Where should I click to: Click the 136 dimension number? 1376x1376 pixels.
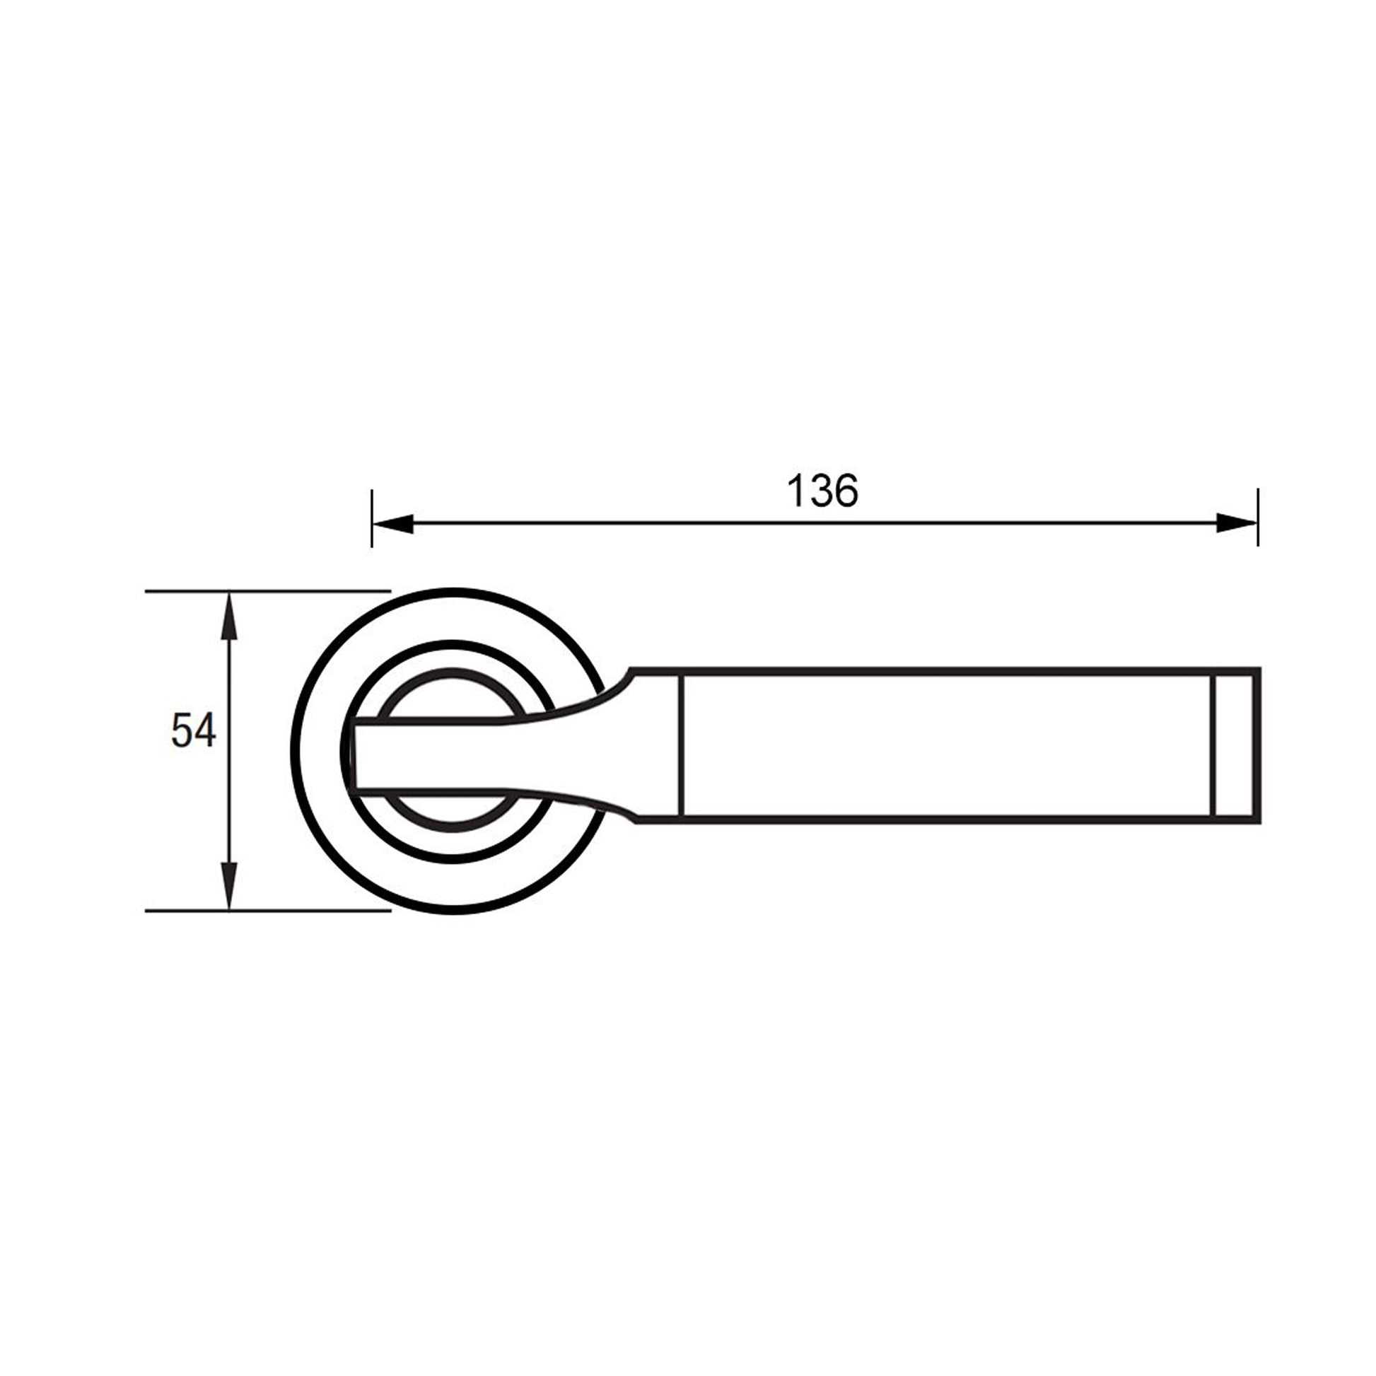tap(822, 491)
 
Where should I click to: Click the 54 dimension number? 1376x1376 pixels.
tap(193, 730)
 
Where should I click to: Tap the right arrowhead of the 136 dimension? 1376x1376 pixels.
tap(1237, 523)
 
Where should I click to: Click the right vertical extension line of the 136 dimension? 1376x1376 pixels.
tap(1258, 518)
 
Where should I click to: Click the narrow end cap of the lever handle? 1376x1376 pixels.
tap(1236, 746)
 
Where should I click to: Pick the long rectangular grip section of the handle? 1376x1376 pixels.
tap(948, 746)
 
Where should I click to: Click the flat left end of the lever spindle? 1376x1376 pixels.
tap(354, 757)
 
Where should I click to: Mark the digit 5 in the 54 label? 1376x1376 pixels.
tap(182, 730)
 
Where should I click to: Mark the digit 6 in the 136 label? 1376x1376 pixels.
tap(846, 491)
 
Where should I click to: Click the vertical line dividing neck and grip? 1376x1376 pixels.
tap(683, 746)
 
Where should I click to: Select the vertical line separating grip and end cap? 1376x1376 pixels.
tap(1213, 746)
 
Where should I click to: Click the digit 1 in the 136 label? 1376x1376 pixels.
tap(795, 491)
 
